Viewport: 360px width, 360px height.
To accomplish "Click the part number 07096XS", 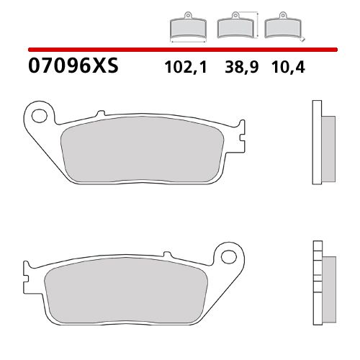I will pyautogui.click(x=72, y=68).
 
